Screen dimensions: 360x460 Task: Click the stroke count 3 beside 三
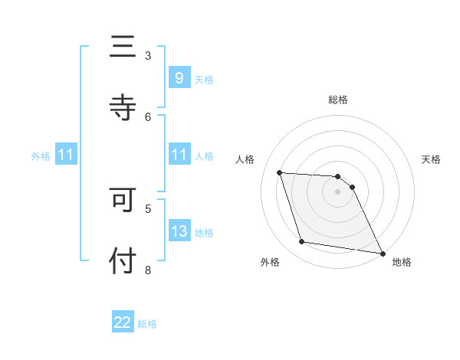pyautogui.click(x=148, y=55)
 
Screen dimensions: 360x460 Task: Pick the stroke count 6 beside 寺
pyautogui.click(x=148, y=116)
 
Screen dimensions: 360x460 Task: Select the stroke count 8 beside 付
pyautogui.click(x=148, y=269)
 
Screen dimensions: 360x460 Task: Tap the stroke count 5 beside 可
pyautogui.click(x=148, y=208)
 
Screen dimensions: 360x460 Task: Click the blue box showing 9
pyautogui.click(x=179, y=78)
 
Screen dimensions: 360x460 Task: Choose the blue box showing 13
pyautogui.click(x=179, y=231)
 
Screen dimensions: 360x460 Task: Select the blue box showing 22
pyautogui.click(x=123, y=322)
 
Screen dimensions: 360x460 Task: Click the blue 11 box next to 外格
pyautogui.click(x=66, y=155)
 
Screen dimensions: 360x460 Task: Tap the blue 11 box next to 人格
pyautogui.click(x=179, y=155)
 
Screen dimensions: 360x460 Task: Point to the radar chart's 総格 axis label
pyautogui.click(x=338, y=100)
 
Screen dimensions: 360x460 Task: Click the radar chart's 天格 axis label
pyautogui.click(x=432, y=159)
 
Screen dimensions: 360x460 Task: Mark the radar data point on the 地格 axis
pyautogui.click(x=382, y=252)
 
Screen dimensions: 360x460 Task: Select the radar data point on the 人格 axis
pyautogui.click(x=280, y=173)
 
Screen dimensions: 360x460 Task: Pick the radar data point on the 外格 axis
pyautogui.click(x=302, y=242)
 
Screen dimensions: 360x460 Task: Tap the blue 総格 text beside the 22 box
pyautogui.click(x=147, y=324)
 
